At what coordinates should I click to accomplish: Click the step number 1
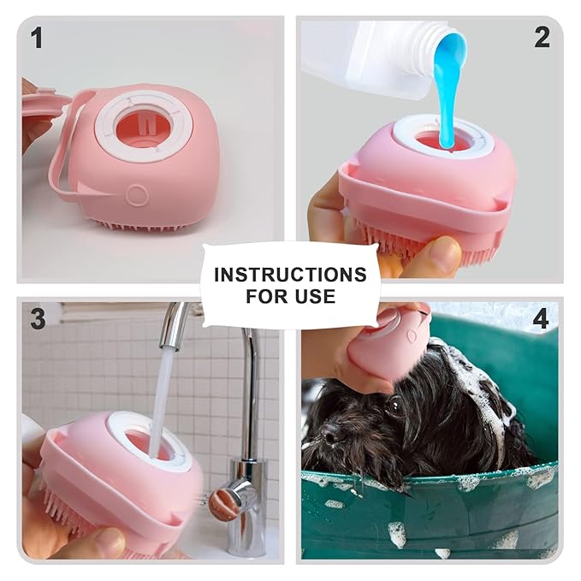coord(37,38)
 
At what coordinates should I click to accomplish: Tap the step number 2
coord(542,37)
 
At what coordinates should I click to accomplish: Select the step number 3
coord(38,319)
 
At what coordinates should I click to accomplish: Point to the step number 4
coord(541,319)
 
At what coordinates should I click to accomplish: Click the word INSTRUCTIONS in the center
coord(290,275)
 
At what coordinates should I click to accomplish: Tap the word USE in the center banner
coord(316,297)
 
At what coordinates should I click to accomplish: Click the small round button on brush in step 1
coord(137,195)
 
